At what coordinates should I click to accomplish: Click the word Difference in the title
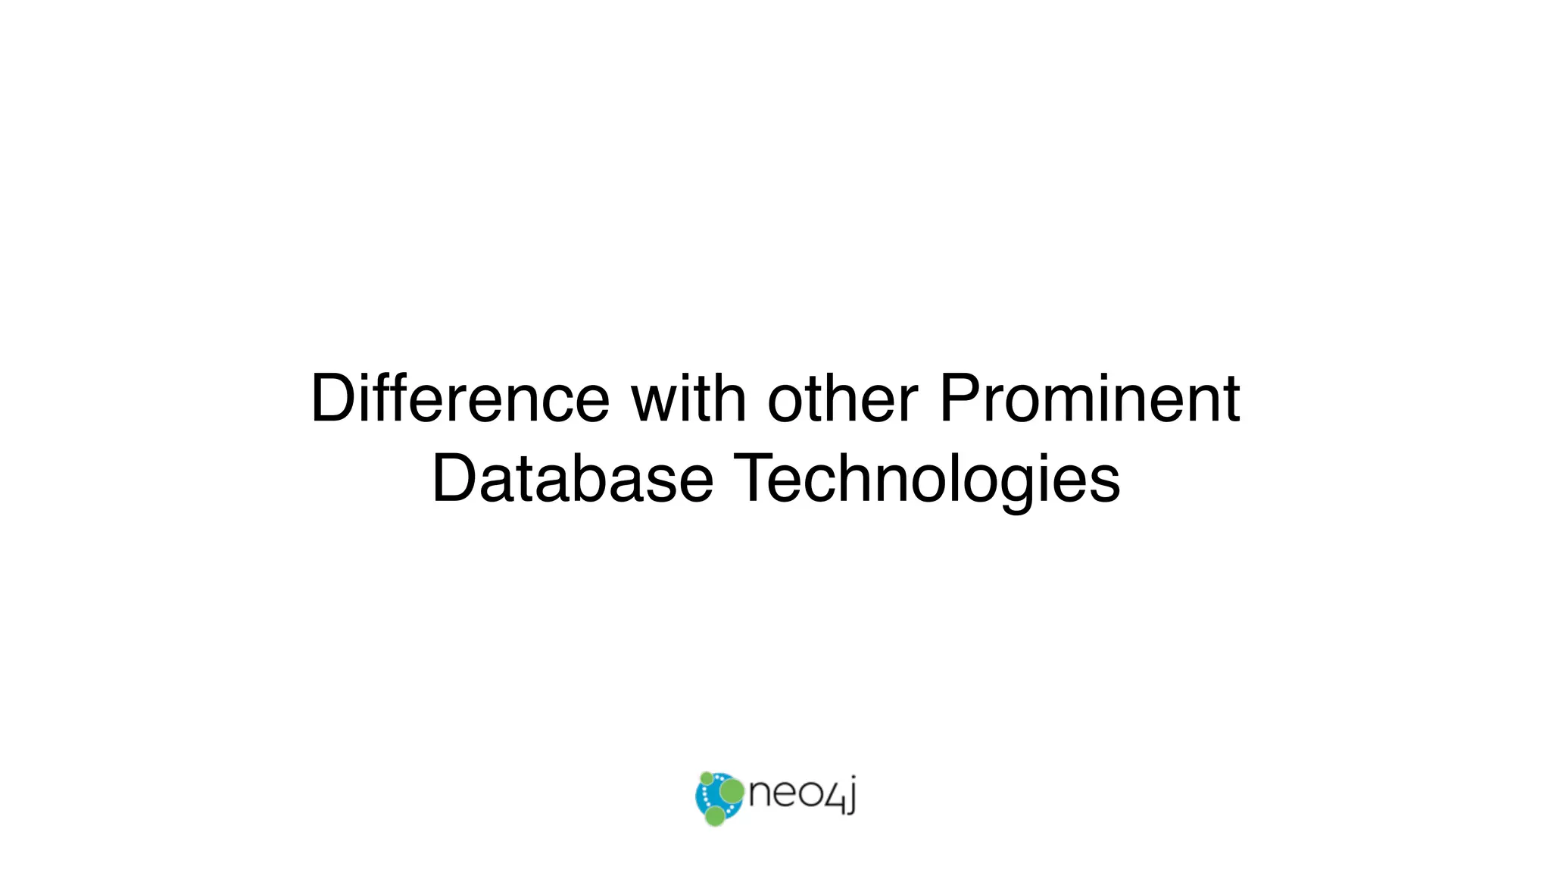tap(460, 399)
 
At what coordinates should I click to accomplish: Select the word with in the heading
tap(688, 399)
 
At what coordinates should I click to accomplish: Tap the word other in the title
tap(842, 399)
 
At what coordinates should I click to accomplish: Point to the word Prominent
tap(1089, 399)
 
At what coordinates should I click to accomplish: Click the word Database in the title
tap(572, 479)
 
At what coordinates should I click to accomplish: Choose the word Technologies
tap(927, 479)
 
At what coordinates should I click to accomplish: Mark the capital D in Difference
tap(332, 399)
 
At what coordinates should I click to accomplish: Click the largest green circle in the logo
tap(732, 791)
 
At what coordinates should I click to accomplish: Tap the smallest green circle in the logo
tap(706, 778)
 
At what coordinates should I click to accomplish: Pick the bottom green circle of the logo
tap(714, 815)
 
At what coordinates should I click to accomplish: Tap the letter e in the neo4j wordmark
tap(784, 796)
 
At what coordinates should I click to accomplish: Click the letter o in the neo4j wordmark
tap(808, 796)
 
